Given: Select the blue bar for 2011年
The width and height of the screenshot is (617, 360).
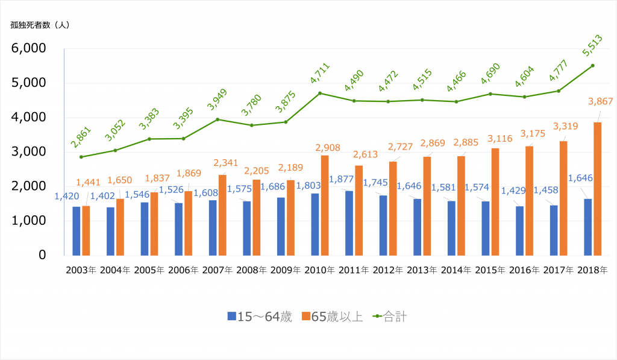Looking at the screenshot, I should pyautogui.click(x=349, y=223).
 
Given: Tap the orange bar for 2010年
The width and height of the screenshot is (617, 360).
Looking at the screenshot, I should pyautogui.click(x=325, y=205).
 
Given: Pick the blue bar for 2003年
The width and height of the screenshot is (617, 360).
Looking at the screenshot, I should pyautogui.click(x=77, y=230).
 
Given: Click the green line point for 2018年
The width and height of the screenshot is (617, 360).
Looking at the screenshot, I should pyautogui.click(x=592, y=66).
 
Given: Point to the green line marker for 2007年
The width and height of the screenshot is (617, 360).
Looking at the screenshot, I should pyautogui.click(x=218, y=119).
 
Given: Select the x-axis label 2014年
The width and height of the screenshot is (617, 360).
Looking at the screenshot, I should pyautogui.click(x=456, y=270).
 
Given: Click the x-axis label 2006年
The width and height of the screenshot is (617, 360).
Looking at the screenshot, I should pyautogui.click(x=184, y=270).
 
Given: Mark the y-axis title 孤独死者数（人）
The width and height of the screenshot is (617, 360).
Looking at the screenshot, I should pyautogui.click(x=40, y=25).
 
